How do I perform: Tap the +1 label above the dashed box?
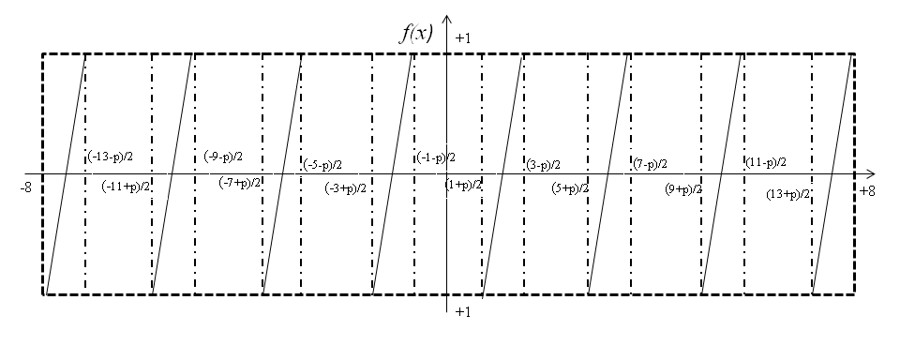[x=463, y=37]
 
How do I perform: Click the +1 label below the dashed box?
[x=463, y=311]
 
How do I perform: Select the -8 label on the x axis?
[x=27, y=187]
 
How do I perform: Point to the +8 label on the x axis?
[x=867, y=190]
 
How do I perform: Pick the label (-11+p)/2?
[x=127, y=186]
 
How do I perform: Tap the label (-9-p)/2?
[x=223, y=157]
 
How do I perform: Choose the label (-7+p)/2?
[x=240, y=182]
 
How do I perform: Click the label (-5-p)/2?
[x=322, y=165]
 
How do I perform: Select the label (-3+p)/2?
[x=345, y=188]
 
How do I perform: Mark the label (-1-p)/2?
[x=436, y=157]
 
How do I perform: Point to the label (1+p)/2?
[x=463, y=185]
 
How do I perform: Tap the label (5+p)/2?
[x=570, y=188]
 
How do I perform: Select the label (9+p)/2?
[x=683, y=188]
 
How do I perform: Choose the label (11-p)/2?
[x=765, y=162]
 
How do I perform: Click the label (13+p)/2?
[x=788, y=194]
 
